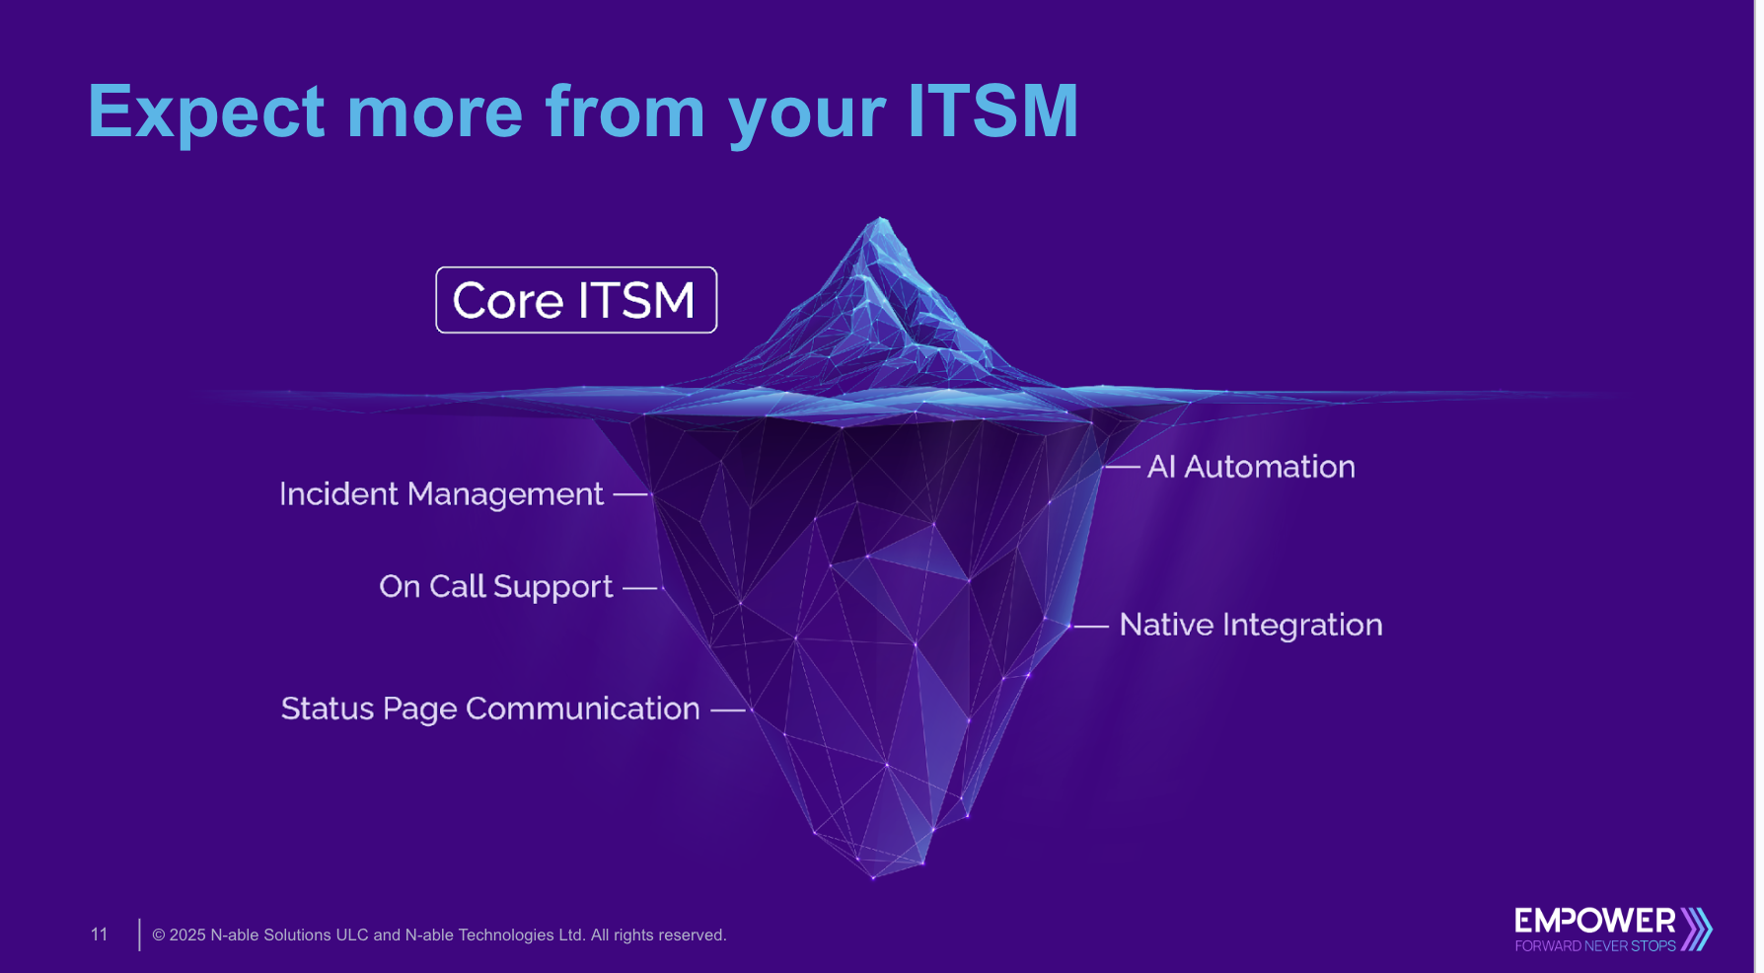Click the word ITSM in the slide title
(x=992, y=111)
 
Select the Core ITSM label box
(x=576, y=300)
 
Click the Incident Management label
(x=441, y=493)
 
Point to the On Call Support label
(x=495, y=586)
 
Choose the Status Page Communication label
(x=490, y=709)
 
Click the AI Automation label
(x=1251, y=467)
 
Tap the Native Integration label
(x=1251, y=625)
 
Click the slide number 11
(x=99, y=935)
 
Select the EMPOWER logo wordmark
(x=1594, y=922)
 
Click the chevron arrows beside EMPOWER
(x=1697, y=929)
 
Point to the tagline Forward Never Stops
(x=1594, y=946)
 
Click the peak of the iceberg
(x=880, y=222)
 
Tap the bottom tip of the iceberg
(x=874, y=874)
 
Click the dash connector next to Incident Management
(x=630, y=494)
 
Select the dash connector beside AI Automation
(x=1123, y=467)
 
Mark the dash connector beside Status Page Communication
(x=728, y=710)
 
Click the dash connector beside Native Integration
(x=1091, y=626)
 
